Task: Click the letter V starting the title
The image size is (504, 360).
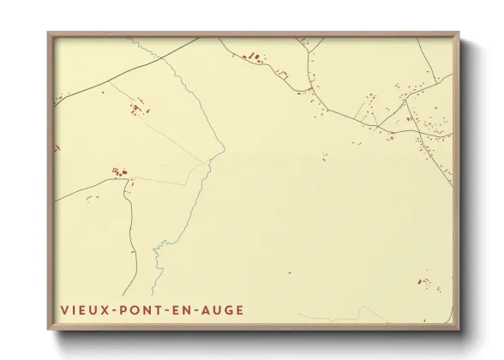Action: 64,309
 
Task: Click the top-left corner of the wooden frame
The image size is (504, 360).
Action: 48,33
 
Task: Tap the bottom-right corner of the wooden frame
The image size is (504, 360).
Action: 459,329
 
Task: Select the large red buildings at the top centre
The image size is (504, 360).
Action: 254,57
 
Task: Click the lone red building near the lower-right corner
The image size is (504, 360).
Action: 423,280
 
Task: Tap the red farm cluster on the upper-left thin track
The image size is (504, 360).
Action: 137,109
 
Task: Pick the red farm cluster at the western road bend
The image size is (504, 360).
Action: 120,174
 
